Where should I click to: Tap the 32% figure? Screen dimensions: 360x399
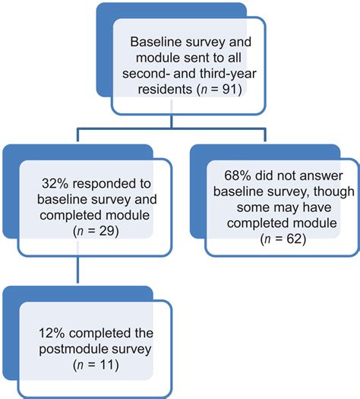55,183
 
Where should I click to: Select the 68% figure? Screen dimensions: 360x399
238,176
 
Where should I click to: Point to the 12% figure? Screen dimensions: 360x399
52,333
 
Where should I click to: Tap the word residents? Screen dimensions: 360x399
165,90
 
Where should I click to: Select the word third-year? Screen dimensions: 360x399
228,74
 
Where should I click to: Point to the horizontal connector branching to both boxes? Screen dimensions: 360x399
172,129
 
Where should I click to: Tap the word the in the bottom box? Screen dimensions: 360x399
144,333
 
